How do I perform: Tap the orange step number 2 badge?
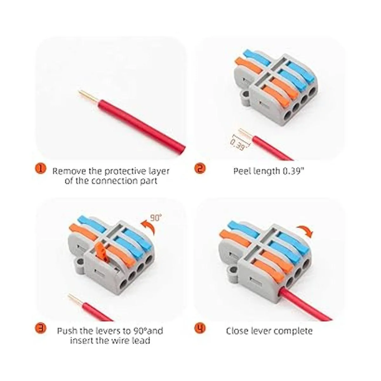(x=199, y=169)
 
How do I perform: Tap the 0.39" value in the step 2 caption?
(x=292, y=171)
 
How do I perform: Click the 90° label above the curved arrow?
(x=156, y=218)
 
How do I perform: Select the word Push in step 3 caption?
(x=67, y=331)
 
